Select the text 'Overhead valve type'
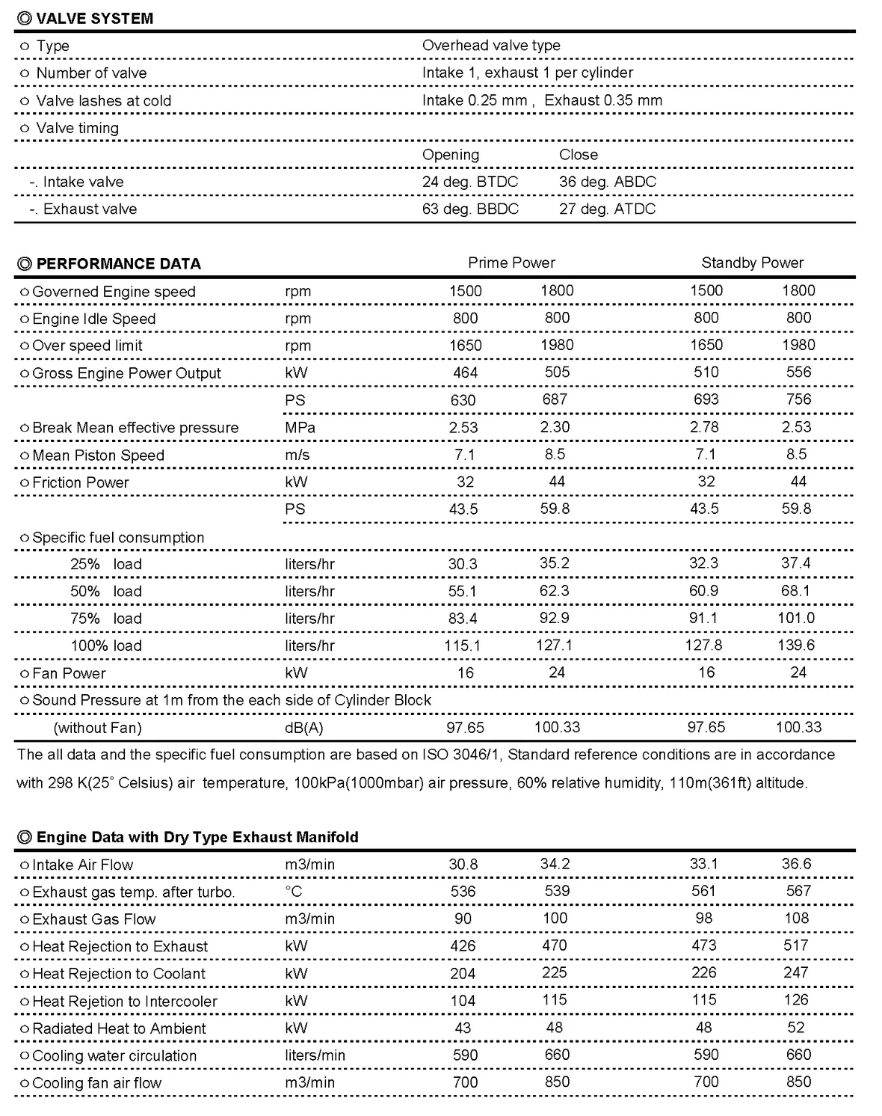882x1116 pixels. [x=491, y=46]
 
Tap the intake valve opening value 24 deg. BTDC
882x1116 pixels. [x=469, y=182]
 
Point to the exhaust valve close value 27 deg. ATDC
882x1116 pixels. [x=607, y=209]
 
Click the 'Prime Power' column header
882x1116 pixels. [x=511, y=263]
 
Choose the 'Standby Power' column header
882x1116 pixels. [x=752, y=263]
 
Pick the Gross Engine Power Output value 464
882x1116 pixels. [x=465, y=372]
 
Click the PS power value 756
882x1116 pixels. [x=798, y=399]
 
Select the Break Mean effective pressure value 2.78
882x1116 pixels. [x=705, y=427]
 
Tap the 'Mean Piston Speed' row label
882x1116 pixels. [x=98, y=456]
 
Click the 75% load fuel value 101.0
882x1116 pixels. [x=795, y=618]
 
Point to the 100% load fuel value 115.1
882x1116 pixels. [x=462, y=646]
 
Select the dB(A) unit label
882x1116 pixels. [x=303, y=728]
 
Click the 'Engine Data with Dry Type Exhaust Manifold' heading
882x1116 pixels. [x=197, y=837]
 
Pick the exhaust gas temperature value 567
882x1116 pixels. [x=798, y=891]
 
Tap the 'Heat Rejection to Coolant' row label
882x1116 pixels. [x=118, y=974]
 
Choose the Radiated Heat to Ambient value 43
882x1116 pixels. [x=463, y=1028]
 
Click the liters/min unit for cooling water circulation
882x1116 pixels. [x=315, y=1055]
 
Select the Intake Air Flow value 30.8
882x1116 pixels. [x=463, y=865]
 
